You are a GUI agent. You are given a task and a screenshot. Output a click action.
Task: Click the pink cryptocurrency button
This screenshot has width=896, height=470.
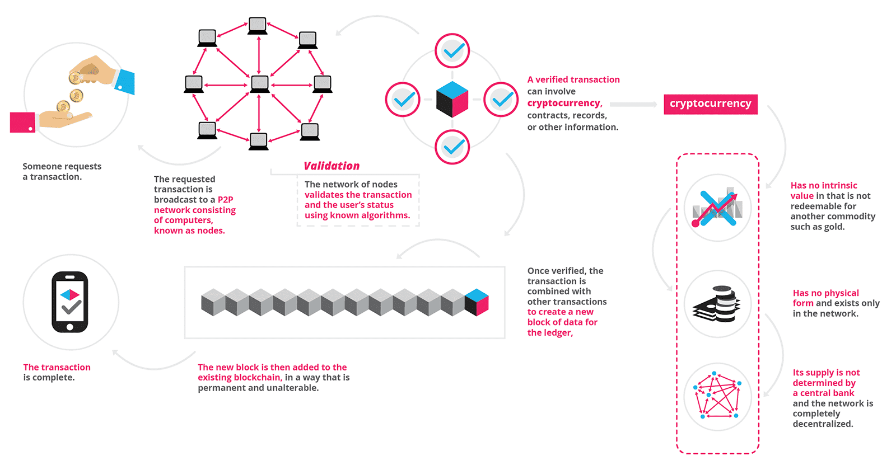tap(710, 104)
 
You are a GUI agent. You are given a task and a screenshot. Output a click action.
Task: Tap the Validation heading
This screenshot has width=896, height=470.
tap(332, 166)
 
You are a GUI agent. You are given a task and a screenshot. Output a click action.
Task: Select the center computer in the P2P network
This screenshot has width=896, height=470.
tap(259, 84)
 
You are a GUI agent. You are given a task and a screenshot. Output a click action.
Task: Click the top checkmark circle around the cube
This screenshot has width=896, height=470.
tap(452, 51)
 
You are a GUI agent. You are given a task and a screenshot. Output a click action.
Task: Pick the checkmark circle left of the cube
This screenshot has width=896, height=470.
tap(403, 100)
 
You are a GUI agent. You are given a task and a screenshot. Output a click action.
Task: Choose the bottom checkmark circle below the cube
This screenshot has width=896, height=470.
tap(452, 147)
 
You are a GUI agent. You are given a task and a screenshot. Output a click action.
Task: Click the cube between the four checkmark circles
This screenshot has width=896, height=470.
tap(452, 100)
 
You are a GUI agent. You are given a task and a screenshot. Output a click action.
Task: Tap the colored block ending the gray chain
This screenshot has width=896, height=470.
tap(477, 302)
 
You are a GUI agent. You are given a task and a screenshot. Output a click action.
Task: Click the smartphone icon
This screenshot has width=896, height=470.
tap(70, 302)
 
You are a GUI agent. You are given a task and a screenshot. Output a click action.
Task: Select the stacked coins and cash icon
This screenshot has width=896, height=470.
tap(717, 304)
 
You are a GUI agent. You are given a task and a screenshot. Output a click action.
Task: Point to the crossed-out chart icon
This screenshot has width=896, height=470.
tap(717, 208)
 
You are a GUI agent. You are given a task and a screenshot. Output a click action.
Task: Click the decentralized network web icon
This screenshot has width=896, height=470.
tap(717, 397)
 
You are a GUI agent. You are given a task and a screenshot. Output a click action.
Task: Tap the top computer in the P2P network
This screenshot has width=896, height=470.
tap(258, 26)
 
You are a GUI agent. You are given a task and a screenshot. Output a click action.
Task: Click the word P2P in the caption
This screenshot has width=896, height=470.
tap(225, 200)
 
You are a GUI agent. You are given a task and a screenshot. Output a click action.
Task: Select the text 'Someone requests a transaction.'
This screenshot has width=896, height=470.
tap(62, 171)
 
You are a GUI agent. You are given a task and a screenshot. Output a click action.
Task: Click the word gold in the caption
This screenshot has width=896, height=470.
tap(833, 227)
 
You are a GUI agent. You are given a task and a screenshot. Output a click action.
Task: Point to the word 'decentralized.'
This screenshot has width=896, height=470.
tap(823, 424)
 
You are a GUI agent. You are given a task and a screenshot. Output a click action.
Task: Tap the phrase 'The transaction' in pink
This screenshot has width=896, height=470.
tap(57, 367)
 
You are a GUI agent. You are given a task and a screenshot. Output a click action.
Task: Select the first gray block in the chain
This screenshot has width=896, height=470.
tap(213, 302)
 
